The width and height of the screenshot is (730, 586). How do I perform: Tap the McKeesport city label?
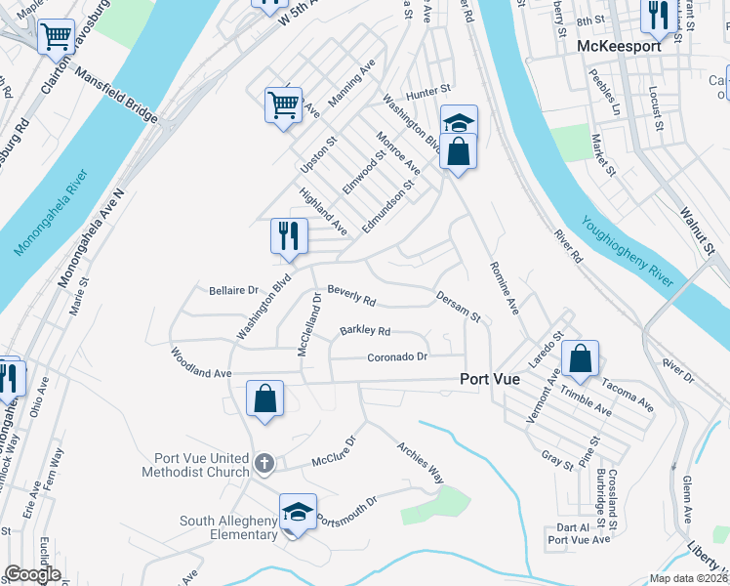pos(619,46)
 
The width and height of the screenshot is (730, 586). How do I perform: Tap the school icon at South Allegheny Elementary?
pos(299,512)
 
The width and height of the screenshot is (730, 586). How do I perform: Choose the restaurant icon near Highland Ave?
pos(289,235)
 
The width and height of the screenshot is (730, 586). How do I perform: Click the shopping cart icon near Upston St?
pos(283,103)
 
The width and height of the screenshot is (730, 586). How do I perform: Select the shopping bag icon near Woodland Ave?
pos(264,398)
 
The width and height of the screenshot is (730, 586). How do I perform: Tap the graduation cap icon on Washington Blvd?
pos(459,121)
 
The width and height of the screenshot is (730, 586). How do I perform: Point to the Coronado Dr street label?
pos(397,357)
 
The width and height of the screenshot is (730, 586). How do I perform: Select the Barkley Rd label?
pos(365,331)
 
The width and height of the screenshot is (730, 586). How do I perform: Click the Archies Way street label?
pos(421,462)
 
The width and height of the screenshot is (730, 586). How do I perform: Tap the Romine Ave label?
pos(502,289)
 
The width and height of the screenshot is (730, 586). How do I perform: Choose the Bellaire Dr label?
pos(233,290)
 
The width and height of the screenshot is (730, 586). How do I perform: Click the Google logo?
pos(32,574)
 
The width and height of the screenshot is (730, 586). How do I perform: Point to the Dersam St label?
pos(459,305)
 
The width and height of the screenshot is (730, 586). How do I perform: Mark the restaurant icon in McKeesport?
pos(657,14)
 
